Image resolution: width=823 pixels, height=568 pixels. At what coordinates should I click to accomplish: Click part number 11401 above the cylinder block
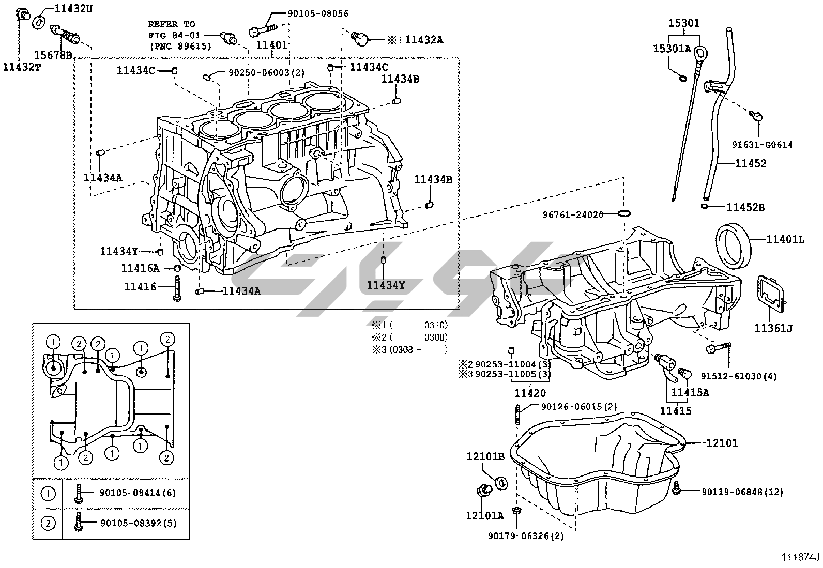point(272,45)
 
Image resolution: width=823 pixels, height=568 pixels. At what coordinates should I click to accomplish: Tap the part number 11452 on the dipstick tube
point(751,163)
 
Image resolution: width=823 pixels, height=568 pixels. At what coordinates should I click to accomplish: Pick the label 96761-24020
point(573,214)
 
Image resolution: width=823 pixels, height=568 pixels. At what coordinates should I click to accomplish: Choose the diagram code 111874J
point(801,557)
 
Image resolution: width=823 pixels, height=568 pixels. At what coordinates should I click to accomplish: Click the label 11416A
point(140,268)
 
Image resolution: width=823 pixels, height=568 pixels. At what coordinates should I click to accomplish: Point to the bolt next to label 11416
point(177,287)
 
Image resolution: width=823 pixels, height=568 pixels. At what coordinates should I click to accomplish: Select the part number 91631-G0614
point(762,145)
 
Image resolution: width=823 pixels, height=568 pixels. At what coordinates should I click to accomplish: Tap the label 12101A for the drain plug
point(484,515)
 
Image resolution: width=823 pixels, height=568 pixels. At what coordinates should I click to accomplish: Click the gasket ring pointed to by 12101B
point(501,483)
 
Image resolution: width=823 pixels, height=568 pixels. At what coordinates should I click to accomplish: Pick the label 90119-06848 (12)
point(742,492)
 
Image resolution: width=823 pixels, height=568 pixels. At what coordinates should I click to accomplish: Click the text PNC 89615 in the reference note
point(181,46)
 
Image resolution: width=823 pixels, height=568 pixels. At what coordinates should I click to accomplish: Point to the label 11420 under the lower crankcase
point(530,393)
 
